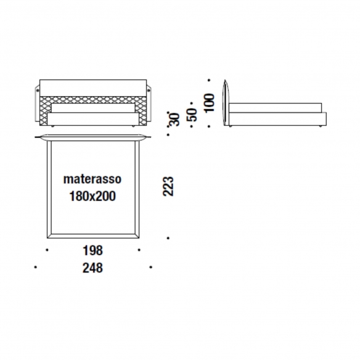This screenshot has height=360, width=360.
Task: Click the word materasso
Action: point(92,179)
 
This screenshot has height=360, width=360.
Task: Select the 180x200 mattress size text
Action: point(92,196)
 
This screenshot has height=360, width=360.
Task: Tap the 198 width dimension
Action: point(92,250)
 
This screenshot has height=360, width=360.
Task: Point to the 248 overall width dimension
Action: point(92,268)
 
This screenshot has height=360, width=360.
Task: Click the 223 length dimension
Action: point(168,186)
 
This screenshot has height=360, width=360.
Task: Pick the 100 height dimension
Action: point(210,103)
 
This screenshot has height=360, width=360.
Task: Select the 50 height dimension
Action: point(192,115)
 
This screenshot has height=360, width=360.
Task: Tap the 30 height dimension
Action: point(174,120)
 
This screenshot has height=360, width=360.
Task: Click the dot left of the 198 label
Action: point(47,250)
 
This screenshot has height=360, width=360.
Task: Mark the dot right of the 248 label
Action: point(150,267)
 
